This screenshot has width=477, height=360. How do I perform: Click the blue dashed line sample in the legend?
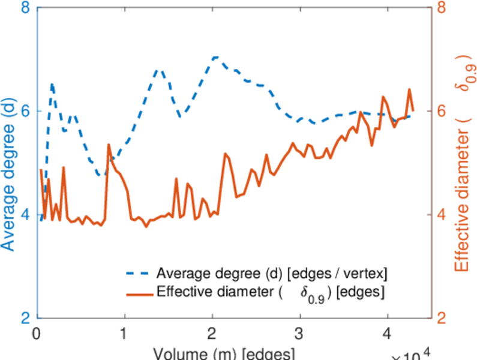pos(139,273)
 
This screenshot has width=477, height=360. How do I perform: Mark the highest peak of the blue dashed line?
pos(215,57)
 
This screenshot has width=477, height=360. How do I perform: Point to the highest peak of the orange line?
pos(409,89)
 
